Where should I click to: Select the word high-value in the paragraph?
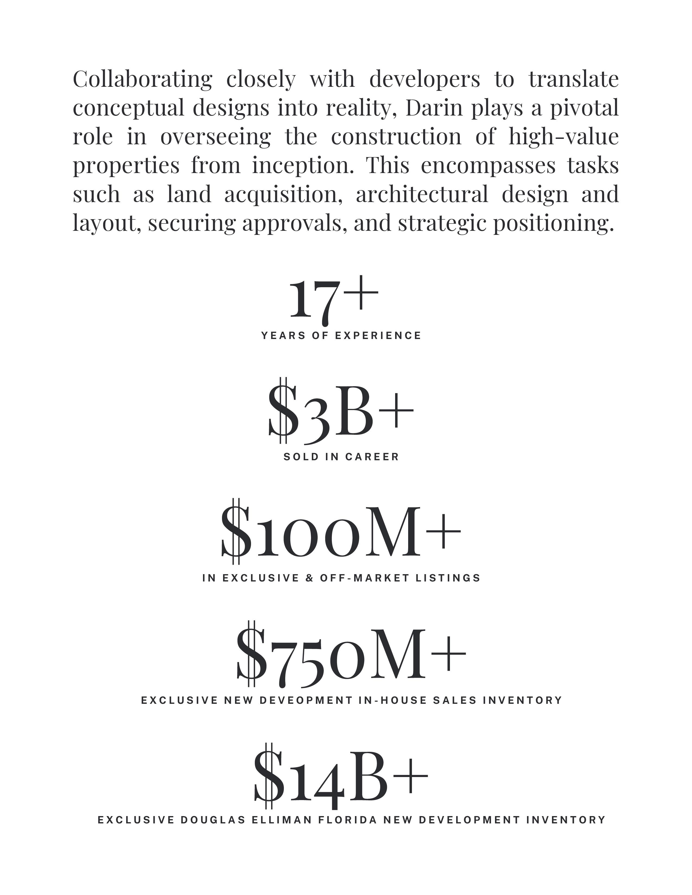563,137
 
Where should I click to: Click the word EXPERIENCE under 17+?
378,336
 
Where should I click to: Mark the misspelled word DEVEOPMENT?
306,700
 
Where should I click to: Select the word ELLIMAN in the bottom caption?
282,820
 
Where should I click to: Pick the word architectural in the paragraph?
422,194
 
